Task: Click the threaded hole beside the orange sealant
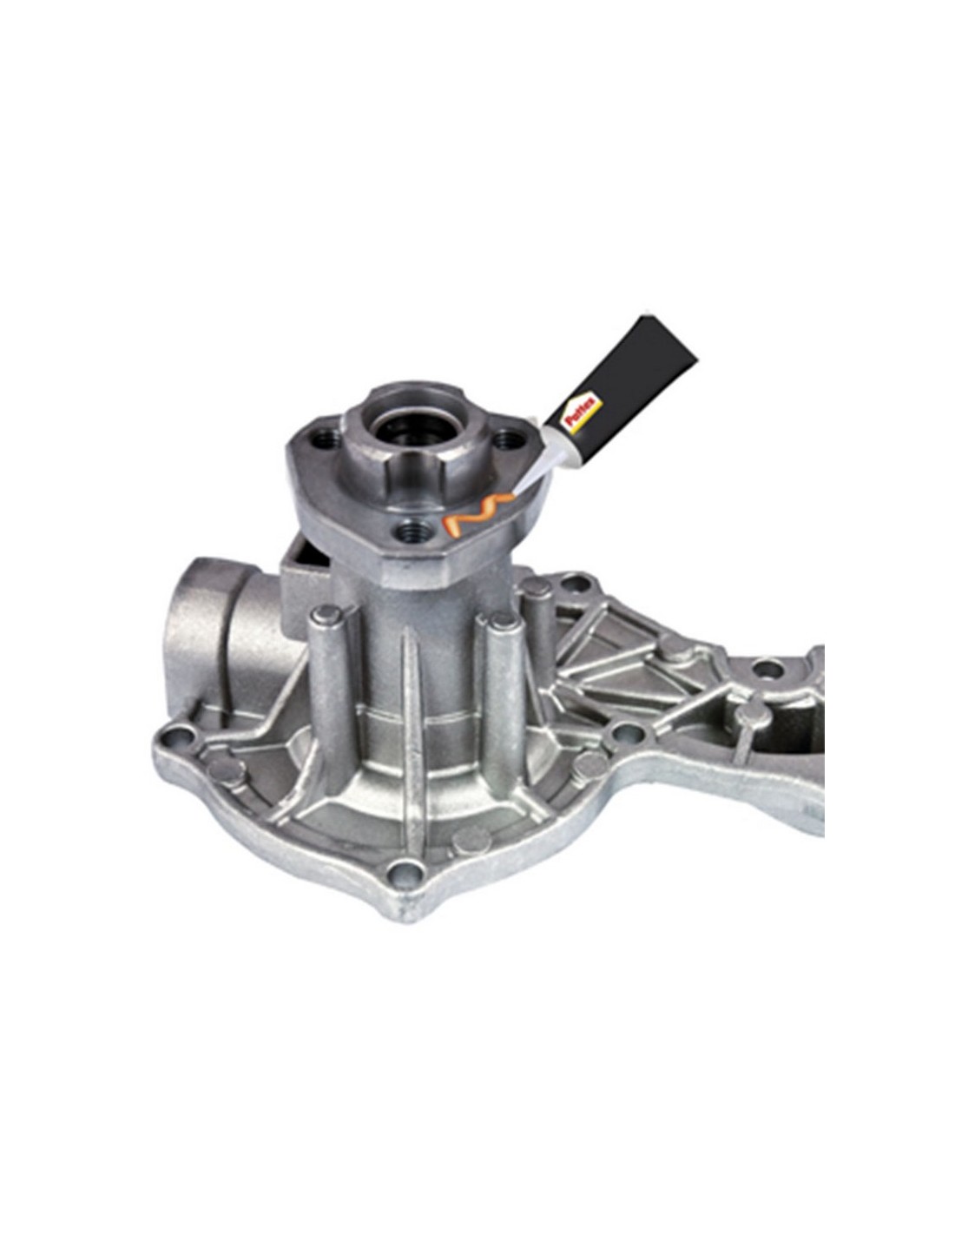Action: pos(411,532)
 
